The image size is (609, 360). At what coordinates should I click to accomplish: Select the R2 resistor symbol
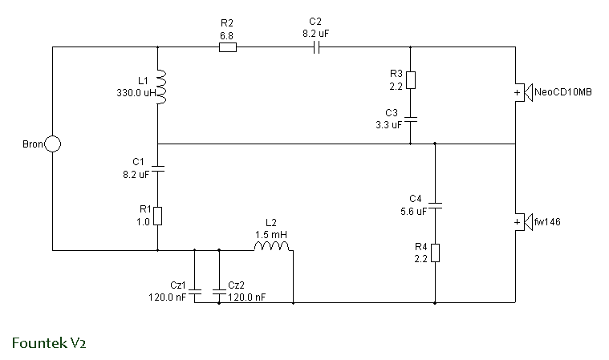tap(228, 47)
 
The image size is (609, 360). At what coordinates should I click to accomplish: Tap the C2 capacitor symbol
tap(316, 47)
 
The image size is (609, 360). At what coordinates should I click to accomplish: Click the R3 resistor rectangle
tap(411, 80)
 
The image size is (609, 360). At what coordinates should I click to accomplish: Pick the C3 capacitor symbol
tap(411, 119)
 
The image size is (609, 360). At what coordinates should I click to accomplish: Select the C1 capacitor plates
tap(158, 168)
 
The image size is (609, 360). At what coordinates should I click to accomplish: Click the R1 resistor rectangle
tap(158, 216)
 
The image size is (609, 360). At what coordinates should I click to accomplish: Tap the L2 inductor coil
tap(271, 246)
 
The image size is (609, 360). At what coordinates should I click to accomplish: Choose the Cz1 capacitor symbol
tap(195, 291)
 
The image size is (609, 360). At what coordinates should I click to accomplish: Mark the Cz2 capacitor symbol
tap(219, 291)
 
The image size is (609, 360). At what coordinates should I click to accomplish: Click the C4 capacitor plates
tap(435, 205)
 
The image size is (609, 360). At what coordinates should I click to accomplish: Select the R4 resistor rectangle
tap(435, 253)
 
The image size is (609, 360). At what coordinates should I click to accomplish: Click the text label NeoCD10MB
tap(563, 92)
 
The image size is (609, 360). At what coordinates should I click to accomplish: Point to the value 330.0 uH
tap(136, 93)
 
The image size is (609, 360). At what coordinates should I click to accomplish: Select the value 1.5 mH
tap(271, 235)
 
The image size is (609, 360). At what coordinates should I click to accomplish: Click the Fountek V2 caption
tap(49, 343)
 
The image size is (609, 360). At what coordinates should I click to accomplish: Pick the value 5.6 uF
tap(414, 212)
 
